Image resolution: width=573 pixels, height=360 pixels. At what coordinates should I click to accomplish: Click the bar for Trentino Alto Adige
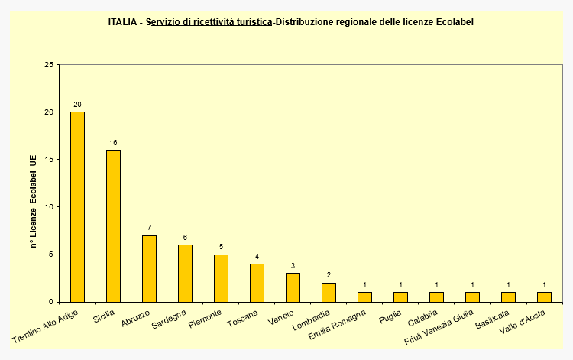pos(77,206)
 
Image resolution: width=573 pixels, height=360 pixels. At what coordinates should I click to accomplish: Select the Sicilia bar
pos(113,225)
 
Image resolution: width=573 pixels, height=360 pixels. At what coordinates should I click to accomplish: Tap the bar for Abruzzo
pos(149,268)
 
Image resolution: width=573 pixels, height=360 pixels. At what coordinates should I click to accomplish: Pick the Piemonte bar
pos(221,277)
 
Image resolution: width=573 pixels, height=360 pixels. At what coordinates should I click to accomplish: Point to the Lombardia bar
pos(329,292)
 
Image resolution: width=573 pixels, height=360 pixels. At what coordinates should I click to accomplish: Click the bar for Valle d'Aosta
pos(544,297)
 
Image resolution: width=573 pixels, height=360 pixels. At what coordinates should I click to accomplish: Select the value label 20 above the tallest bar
pos(77,105)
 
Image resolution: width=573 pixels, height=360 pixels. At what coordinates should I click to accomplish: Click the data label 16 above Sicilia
pos(113,143)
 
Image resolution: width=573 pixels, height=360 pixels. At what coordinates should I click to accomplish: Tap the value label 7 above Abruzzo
pos(149,228)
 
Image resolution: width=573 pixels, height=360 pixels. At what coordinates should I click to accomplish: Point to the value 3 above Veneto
pos(293,266)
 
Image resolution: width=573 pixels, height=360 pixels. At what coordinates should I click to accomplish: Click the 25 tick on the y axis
pos(50,65)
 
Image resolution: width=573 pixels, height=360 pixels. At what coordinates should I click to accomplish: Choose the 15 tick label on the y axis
pos(50,160)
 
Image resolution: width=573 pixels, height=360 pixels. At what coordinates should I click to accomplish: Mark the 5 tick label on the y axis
pos(52,255)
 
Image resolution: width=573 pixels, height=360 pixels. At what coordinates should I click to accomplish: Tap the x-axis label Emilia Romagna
pos(338,325)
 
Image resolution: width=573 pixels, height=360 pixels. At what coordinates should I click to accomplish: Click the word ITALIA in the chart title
pos(124,22)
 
